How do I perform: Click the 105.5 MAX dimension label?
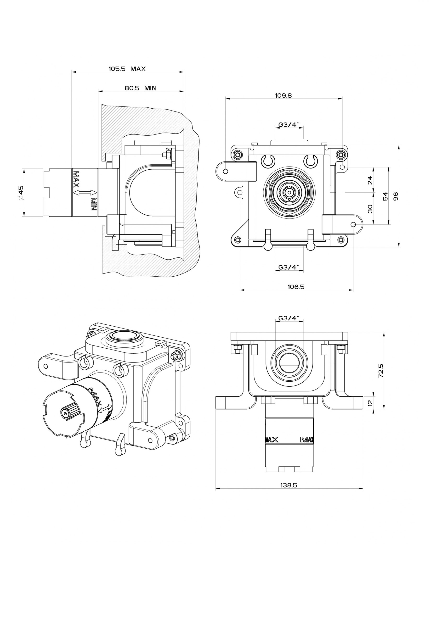click(x=127, y=69)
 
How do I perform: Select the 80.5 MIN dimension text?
click(x=140, y=88)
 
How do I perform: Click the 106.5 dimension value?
click(x=296, y=287)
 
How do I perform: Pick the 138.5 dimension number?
click(x=289, y=485)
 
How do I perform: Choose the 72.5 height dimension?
click(x=381, y=371)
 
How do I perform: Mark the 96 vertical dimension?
click(x=396, y=196)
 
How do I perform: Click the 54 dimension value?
click(x=385, y=196)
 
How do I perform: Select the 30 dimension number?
click(x=370, y=209)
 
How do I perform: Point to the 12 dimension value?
click(x=370, y=403)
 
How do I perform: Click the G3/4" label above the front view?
click(x=289, y=125)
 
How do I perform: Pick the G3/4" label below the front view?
click(x=289, y=267)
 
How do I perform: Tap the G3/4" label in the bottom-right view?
click(x=289, y=318)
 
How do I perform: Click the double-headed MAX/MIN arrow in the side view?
click(x=85, y=192)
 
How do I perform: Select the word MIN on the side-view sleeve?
click(x=93, y=204)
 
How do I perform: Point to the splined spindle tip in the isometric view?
click(x=65, y=414)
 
